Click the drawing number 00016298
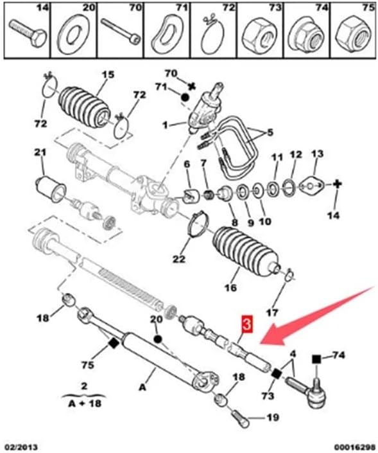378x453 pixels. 352,445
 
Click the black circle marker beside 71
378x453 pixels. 185,98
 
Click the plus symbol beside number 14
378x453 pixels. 335,184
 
